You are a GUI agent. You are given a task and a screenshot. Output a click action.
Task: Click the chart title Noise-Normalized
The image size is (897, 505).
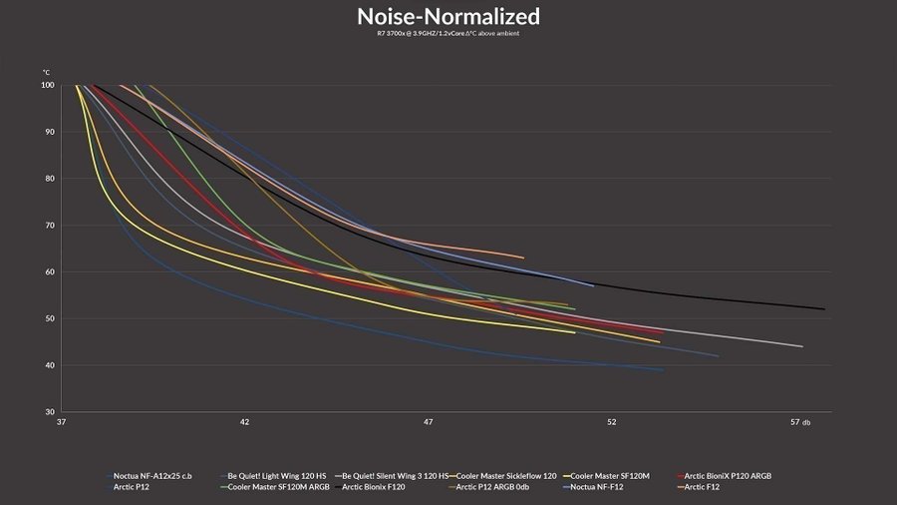[448, 16]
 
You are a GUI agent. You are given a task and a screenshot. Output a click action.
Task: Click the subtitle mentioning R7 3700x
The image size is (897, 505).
[448, 34]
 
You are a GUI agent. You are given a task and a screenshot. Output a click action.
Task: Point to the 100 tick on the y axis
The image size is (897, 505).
[48, 86]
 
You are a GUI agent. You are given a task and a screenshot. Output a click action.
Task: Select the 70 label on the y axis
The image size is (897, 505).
[48, 226]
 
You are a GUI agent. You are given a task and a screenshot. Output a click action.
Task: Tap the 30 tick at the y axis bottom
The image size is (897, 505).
[48, 412]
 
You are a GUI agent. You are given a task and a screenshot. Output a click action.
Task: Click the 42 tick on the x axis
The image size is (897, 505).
[244, 422]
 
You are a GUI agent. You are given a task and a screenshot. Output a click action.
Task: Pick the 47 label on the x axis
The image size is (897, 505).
[429, 422]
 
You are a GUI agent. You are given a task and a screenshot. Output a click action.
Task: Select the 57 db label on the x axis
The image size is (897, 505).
[799, 422]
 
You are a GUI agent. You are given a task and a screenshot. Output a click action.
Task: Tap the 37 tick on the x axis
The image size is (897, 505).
[62, 422]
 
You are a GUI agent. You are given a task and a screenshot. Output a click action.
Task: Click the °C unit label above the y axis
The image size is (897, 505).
[46, 73]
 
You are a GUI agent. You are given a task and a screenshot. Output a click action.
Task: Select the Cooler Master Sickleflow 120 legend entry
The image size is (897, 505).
[506, 476]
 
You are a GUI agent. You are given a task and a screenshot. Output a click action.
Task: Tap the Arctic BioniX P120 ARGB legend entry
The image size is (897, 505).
[728, 476]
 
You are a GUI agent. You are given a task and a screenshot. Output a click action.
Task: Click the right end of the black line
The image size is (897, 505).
[825, 309]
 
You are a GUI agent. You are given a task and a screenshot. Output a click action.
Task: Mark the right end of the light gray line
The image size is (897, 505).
[802, 346]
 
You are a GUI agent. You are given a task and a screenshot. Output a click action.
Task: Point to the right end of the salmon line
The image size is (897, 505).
[523, 257]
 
